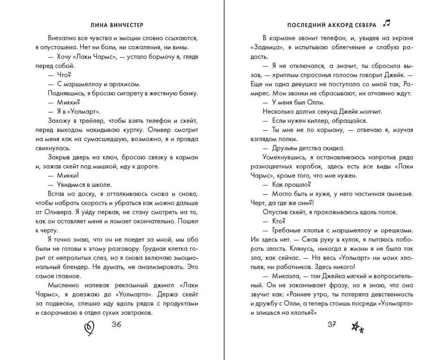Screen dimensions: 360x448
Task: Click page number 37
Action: click(x=332, y=326)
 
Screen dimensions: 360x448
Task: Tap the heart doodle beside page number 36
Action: click(x=89, y=328)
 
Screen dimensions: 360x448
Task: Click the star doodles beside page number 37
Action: click(x=358, y=328)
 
